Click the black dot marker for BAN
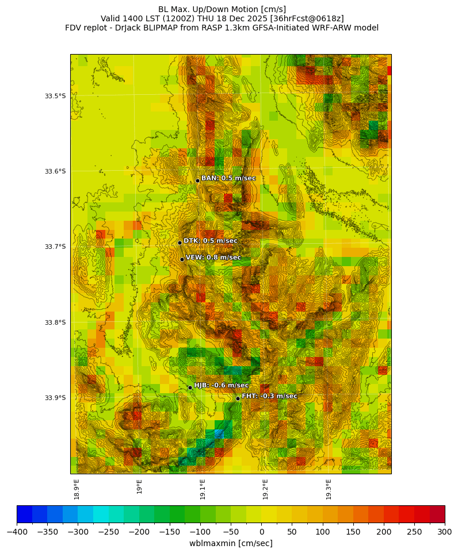pos(197,181)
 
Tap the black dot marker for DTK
pos(180,243)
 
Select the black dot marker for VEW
pos(182,259)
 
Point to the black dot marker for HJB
pos(190,387)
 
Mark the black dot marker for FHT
pos(238,398)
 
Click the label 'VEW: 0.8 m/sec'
pos(213,258)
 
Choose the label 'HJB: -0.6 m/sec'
pos(222,385)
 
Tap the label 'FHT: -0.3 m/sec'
pos(269,396)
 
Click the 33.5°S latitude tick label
pos(55,96)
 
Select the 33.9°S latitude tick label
pos(55,398)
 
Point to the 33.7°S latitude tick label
pos(55,247)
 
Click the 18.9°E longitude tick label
pos(77,489)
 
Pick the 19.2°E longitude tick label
pos(265,489)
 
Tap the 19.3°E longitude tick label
pos(329,489)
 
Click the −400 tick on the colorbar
pos(17,532)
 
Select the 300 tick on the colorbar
pos(445,532)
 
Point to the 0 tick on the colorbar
pos(261,532)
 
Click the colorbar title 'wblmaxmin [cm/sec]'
pos(231,543)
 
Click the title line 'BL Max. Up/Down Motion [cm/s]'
pos(222,9)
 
